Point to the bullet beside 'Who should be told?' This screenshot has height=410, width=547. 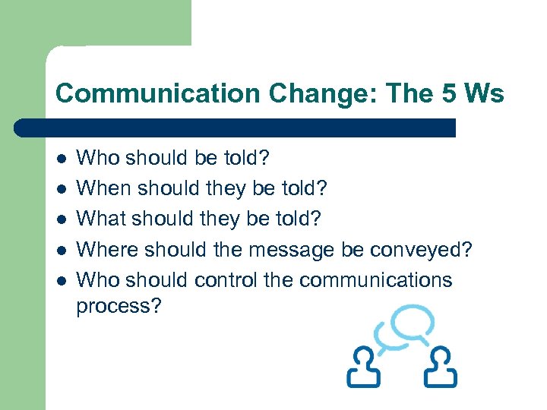click(62, 158)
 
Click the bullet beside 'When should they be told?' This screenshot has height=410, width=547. click(62, 188)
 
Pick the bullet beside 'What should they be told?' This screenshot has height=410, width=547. click(62, 219)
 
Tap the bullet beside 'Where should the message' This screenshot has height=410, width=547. click(62, 250)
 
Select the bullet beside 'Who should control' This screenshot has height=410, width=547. click(62, 280)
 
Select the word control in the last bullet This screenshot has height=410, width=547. click(226, 280)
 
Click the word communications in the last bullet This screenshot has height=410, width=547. click(375, 280)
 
